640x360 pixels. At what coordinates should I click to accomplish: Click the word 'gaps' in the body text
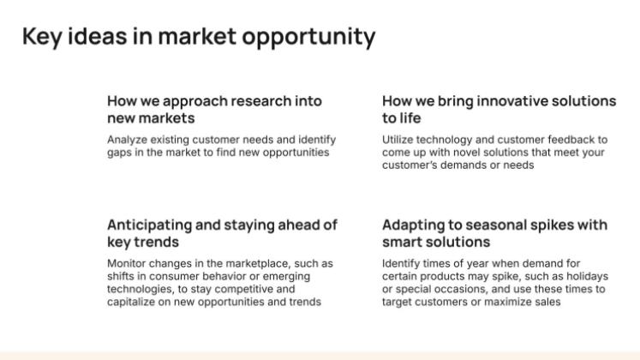point(120,152)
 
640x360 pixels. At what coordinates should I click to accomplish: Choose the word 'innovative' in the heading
point(506,100)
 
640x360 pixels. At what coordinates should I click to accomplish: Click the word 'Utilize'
point(398,139)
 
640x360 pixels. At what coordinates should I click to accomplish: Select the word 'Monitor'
point(127,263)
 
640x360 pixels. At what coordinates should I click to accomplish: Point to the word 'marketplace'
point(257,263)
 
